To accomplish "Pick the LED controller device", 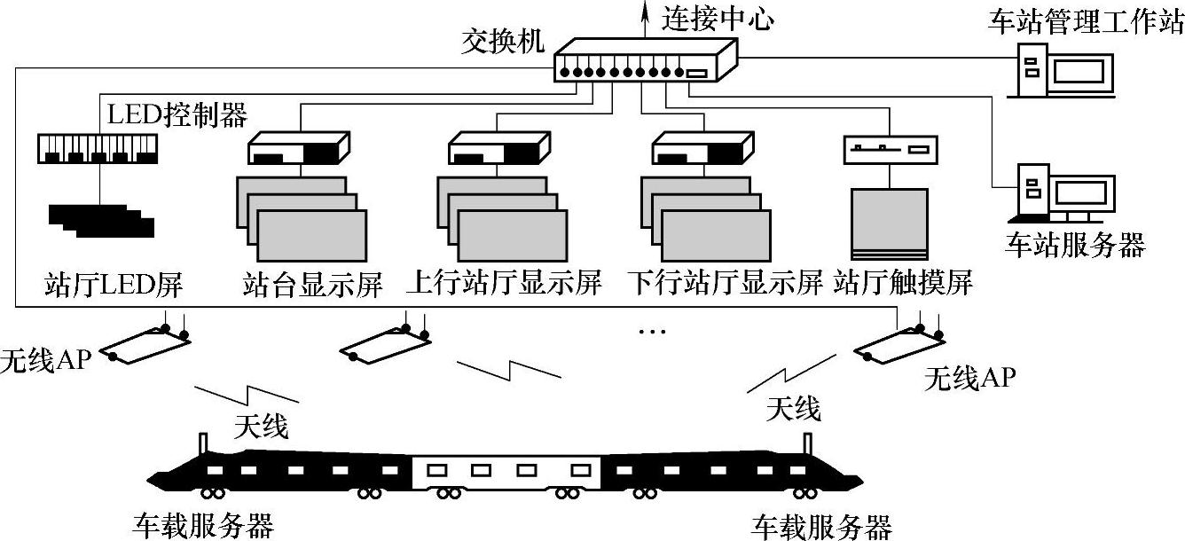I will [98, 148].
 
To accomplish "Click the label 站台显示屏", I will [311, 285].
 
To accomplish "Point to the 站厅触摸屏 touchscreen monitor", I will [889, 223].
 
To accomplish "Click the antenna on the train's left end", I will [203, 443].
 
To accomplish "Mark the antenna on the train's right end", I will [808, 443].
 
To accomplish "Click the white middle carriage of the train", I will [506, 472].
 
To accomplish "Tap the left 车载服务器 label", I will [203, 525].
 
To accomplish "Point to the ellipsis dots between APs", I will [651, 333].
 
